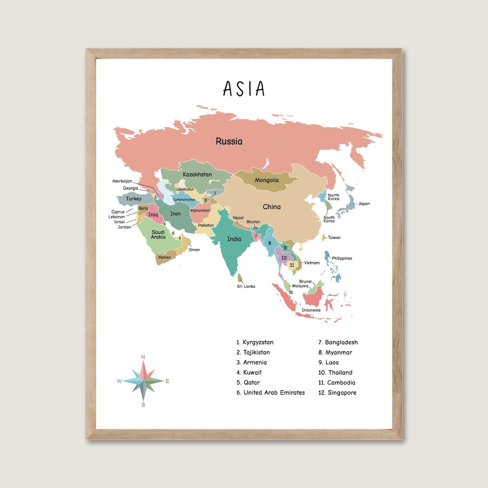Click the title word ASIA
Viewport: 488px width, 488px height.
[x=244, y=89]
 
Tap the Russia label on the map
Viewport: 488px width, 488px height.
[x=229, y=141]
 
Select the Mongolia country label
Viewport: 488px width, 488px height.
[x=267, y=180]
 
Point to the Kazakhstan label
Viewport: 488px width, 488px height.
[x=197, y=174]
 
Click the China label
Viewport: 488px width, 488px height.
[x=272, y=207]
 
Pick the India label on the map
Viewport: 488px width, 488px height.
[x=234, y=239]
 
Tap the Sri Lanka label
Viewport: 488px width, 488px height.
[x=246, y=286]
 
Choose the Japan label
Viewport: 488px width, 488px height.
[x=364, y=204]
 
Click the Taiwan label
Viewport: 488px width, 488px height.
[x=334, y=238]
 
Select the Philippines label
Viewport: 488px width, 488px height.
[x=342, y=258]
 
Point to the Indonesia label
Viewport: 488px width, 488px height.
[x=311, y=310]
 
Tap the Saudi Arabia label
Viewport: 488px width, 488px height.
[x=158, y=235]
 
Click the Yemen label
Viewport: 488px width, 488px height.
[x=164, y=257]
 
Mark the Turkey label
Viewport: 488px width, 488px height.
[x=134, y=199]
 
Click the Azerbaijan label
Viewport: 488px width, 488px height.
[x=122, y=181]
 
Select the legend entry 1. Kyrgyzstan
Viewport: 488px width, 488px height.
[x=255, y=342]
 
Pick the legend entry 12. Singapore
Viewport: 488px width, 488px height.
[x=337, y=393]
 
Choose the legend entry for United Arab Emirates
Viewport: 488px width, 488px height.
[x=271, y=393]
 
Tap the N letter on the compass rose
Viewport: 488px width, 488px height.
[x=143, y=357]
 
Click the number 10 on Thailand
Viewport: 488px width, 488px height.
[x=284, y=258]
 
